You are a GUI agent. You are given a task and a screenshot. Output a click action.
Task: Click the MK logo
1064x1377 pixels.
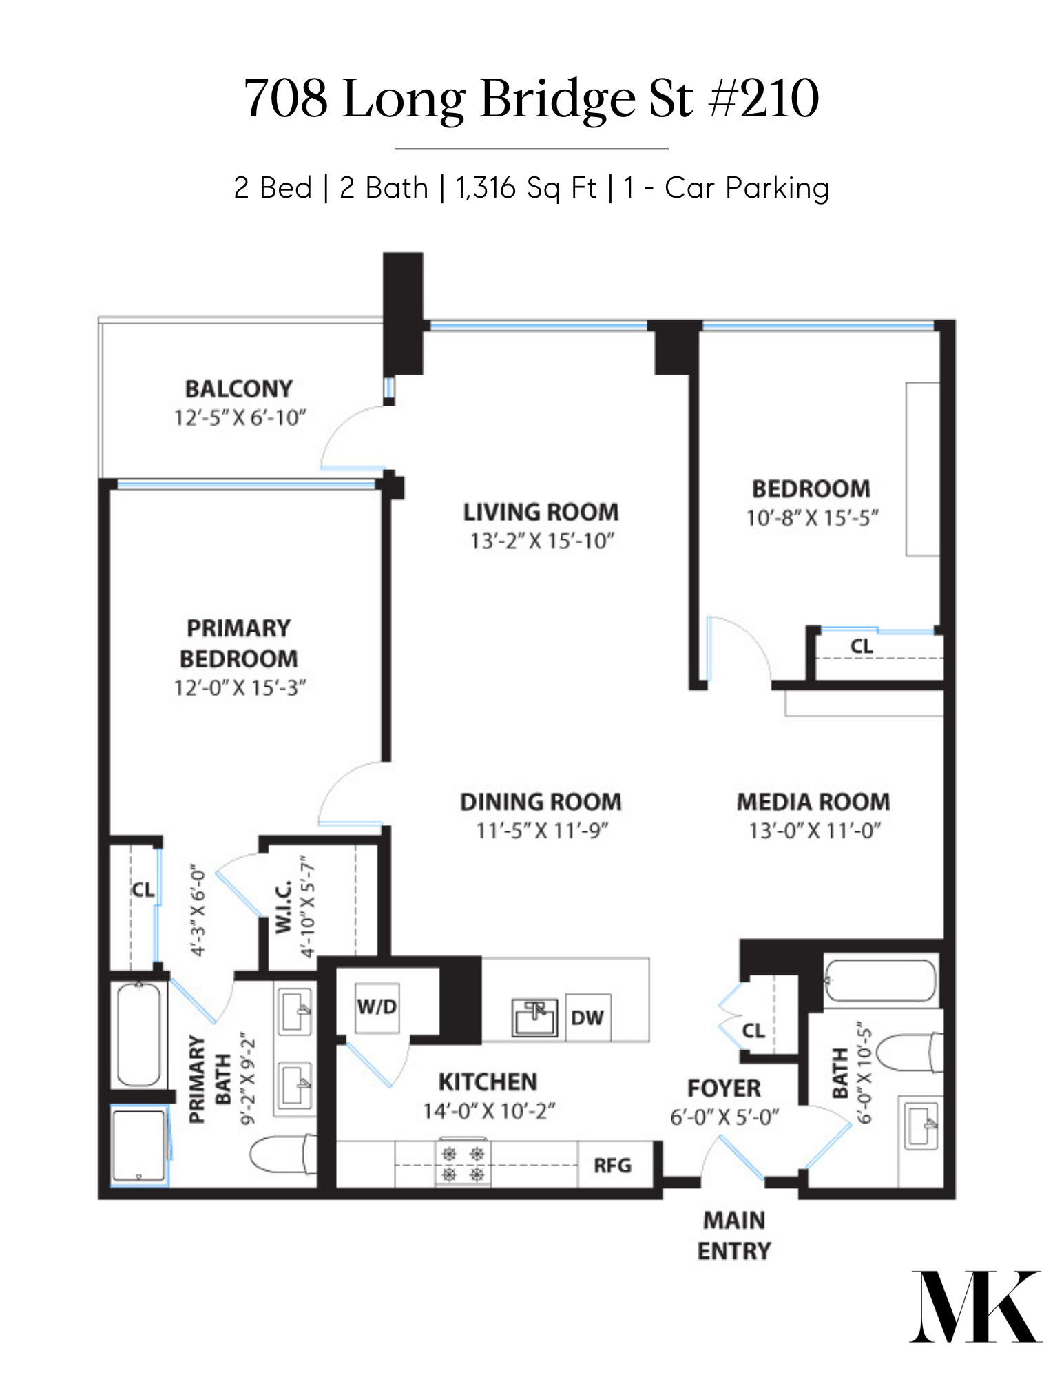click(x=976, y=1306)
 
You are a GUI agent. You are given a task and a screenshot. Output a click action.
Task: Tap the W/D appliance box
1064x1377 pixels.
click(x=377, y=1007)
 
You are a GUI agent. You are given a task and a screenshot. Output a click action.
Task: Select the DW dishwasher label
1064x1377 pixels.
click(x=587, y=1017)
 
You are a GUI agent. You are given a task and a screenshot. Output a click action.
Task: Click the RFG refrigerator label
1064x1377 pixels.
click(x=612, y=1165)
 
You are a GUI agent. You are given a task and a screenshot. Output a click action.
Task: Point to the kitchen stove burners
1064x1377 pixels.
click(x=463, y=1163)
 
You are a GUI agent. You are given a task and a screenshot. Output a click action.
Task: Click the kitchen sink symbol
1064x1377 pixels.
click(x=534, y=1018)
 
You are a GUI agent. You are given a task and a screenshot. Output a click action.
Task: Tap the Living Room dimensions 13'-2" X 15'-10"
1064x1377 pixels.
click(x=542, y=541)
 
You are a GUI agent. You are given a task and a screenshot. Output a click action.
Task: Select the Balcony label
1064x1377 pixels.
click(x=239, y=389)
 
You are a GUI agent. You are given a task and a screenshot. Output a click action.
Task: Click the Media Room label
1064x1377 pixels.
click(x=813, y=801)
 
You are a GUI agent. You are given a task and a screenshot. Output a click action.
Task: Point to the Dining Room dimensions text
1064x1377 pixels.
click(x=542, y=830)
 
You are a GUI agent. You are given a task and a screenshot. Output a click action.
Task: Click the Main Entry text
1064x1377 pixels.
click(x=734, y=1235)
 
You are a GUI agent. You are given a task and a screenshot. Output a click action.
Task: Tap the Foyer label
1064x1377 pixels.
click(x=724, y=1088)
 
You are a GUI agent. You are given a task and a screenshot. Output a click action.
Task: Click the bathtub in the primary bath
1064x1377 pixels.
click(x=139, y=1033)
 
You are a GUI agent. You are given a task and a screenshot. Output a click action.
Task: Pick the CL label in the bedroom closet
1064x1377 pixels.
click(x=862, y=646)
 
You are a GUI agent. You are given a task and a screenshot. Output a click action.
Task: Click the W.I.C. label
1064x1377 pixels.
click(x=284, y=907)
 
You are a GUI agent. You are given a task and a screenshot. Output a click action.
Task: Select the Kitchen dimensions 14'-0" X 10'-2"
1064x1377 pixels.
click(x=489, y=1110)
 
